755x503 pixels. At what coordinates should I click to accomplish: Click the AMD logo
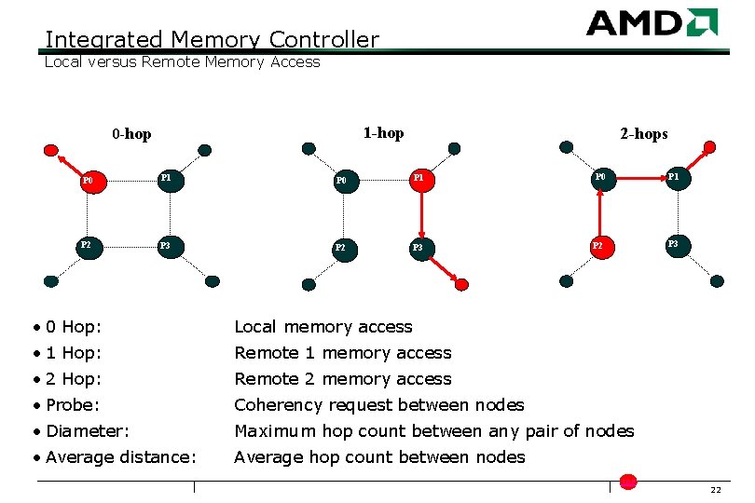coord(652,22)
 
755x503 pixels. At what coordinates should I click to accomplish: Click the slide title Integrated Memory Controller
coord(212,40)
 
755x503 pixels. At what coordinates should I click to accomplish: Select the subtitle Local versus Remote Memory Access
coord(182,62)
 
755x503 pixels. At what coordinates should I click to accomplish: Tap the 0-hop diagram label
coord(131,134)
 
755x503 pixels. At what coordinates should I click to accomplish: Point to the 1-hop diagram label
coord(383,133)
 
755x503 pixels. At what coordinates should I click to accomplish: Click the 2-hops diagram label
coord(644,134)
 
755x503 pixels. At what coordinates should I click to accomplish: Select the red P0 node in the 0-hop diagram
coord(92,180)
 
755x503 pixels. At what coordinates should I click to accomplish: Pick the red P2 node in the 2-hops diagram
coord(600,247)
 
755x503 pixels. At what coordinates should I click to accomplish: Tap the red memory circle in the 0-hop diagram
coord(50,149)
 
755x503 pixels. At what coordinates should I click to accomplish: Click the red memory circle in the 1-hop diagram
coord(461,284)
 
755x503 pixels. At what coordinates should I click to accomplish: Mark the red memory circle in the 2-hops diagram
coord(709,147)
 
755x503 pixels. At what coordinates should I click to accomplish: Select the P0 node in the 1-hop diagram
coord(346,180)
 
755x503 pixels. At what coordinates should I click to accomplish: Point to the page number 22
coord(715,491)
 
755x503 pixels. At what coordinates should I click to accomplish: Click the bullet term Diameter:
coord(87,431)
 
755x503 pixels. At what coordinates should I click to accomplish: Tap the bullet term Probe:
coord(73,405)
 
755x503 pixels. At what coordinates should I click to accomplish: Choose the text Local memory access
coord(323,327)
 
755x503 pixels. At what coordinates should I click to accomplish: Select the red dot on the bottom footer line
coord(628,482)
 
